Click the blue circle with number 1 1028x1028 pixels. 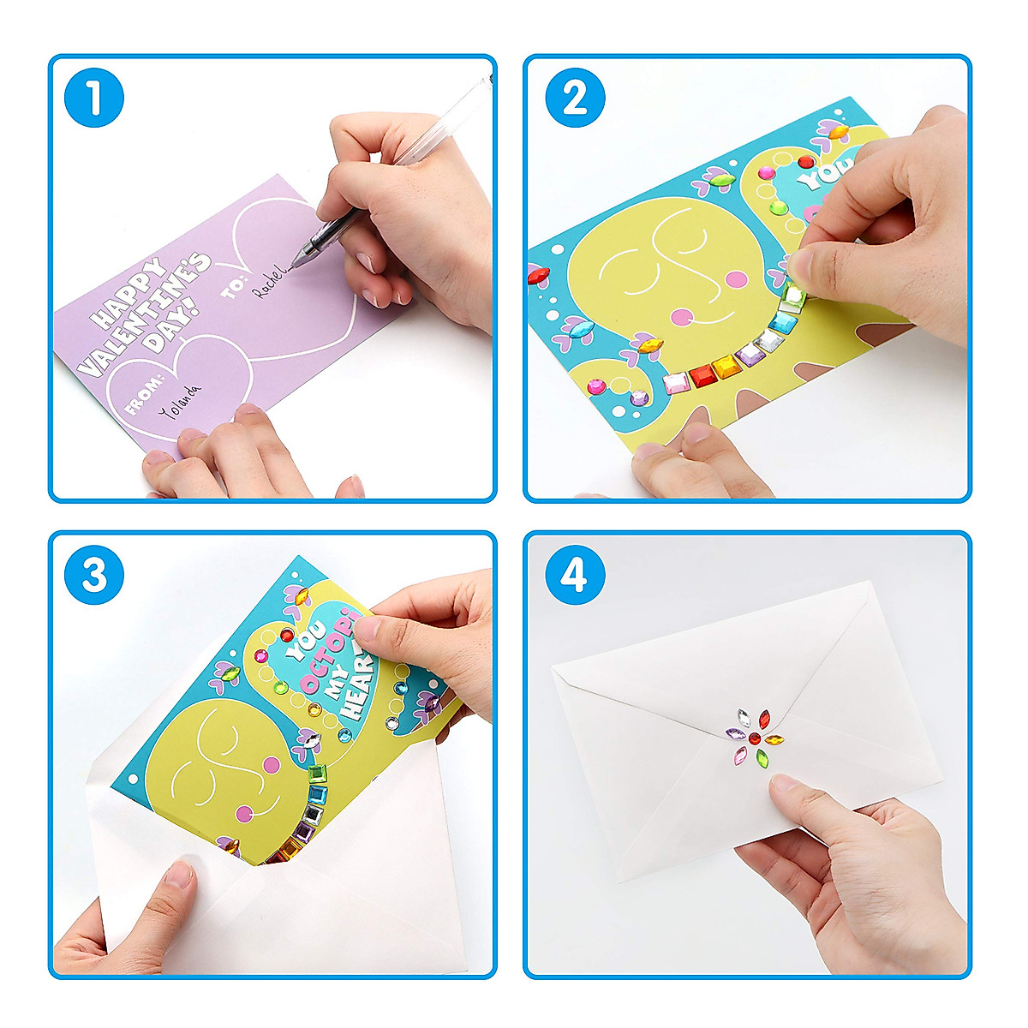94,99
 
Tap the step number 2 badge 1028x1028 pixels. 575,99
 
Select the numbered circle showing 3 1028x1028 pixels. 94,575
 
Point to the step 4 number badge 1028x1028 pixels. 575,575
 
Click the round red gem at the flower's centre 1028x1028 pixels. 754,738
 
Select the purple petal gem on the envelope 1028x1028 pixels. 735,734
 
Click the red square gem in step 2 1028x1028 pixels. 702,374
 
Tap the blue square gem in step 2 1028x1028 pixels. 782,322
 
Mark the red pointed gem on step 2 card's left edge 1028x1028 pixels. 538,275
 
